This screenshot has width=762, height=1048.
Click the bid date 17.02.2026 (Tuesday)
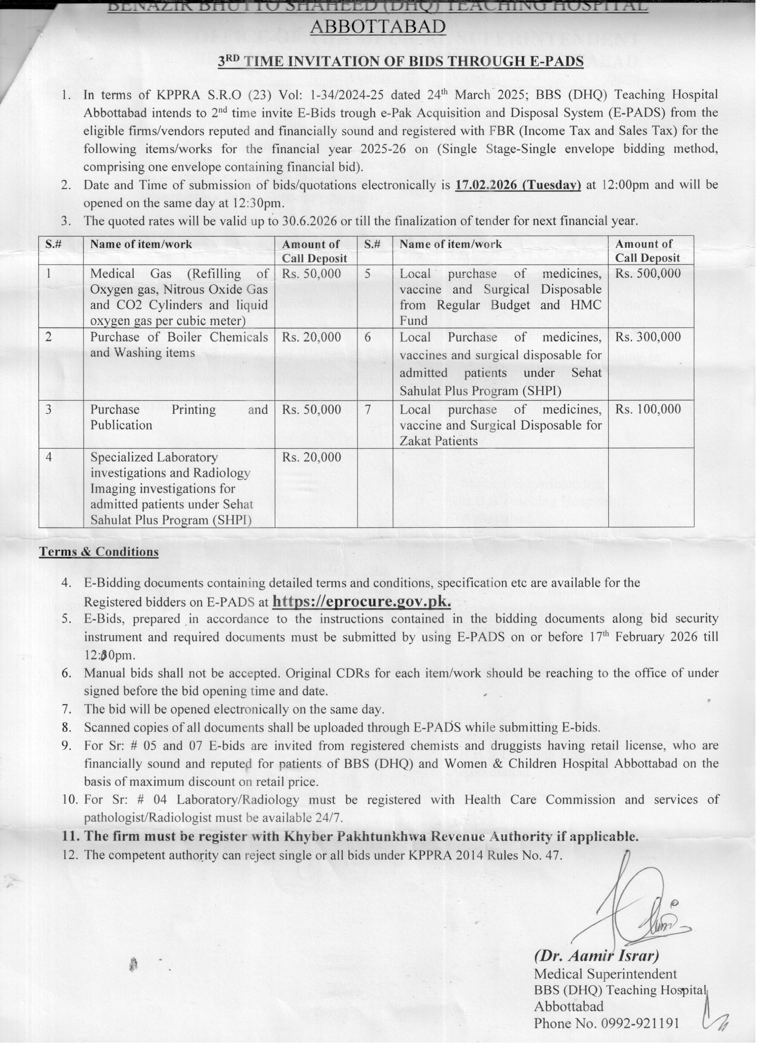(x=518, y=185)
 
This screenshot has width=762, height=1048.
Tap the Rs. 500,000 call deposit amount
(x=648, y=273)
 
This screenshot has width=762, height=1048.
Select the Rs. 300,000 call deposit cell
(x=648, y=337)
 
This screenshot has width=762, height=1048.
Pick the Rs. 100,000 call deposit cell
(x=648, y=409)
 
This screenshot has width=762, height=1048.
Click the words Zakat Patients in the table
(x=439, y=441)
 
